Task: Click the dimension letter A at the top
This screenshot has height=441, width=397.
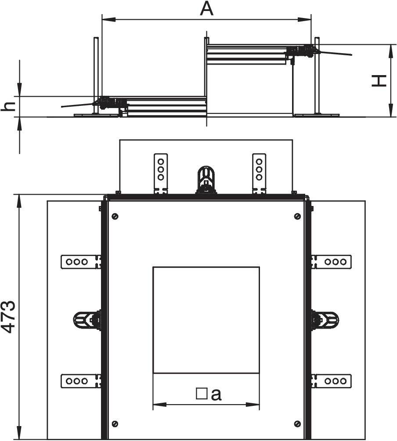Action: pos(207,9)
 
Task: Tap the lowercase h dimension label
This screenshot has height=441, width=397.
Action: pos(8,106)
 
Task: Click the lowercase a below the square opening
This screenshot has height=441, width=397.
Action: pos(216,394)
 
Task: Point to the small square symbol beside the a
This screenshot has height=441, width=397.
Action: pos(202,394)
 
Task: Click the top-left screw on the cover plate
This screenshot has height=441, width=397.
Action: pos(115,216)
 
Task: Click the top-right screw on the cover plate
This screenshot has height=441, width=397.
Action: pos(297,216)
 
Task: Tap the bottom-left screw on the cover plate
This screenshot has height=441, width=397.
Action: pos(115,423)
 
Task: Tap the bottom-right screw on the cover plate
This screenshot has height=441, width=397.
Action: pos(297,423)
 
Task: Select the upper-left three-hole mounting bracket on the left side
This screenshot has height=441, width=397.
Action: pos(81,262)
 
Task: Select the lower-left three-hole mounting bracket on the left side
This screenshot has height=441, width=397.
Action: pos(81,381)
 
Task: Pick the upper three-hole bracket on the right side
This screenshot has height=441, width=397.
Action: pos(331,262)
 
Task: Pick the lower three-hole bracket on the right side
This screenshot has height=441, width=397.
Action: pos(331,381)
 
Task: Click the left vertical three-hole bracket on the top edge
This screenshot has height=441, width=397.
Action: pos(161,174)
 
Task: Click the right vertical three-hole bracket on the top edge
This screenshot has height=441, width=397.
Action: pos(259,174)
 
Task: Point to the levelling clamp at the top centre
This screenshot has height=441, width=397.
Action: pos(206,180)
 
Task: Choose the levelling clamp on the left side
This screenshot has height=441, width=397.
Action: pos(87,320)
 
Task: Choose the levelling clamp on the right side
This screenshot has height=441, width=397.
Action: pos(325,320)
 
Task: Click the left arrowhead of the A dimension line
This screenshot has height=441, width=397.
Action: pos(108,19)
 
